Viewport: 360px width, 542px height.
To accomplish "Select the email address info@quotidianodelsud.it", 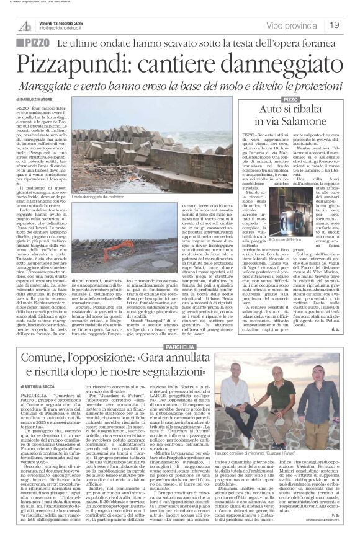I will point(68,29).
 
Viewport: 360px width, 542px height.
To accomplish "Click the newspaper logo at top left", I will point(25,25).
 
